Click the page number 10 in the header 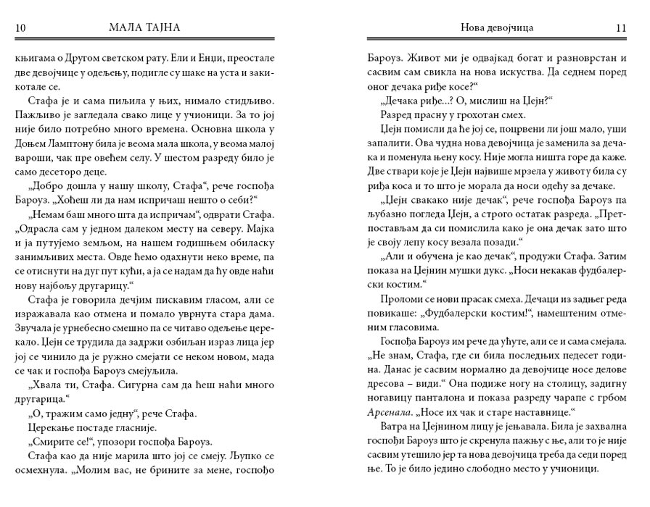[21, 28]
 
